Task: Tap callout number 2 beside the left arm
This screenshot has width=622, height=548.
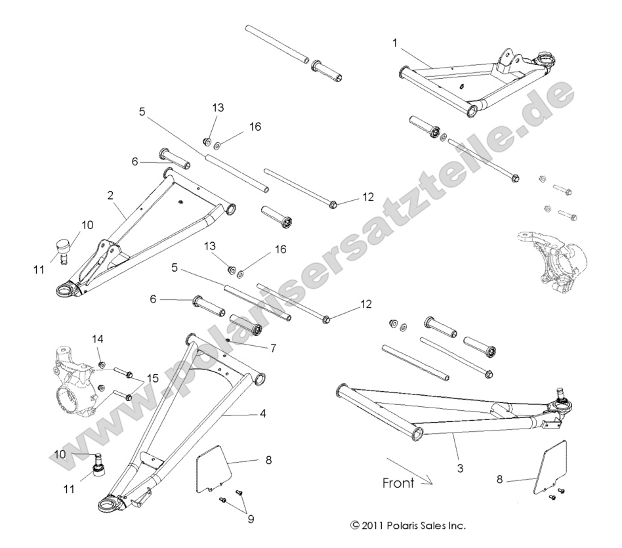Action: tap(110, 195)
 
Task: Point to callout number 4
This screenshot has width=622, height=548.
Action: tap(262, 414)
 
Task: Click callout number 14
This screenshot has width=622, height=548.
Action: tap(97, 339)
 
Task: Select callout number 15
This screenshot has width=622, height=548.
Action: tap(152, 378)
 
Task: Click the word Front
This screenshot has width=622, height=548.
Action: tap(398, 483)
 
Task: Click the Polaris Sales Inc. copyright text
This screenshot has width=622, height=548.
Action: tap(408, 526)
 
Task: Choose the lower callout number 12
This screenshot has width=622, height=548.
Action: tap(365, 304)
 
